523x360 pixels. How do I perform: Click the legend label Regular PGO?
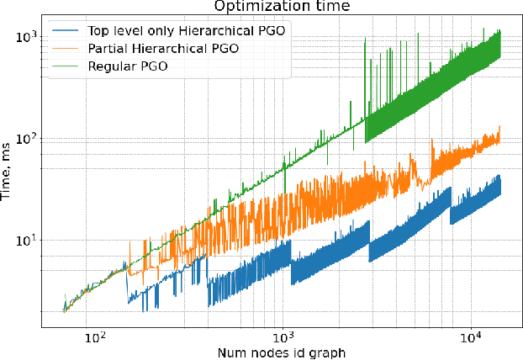(124, 66)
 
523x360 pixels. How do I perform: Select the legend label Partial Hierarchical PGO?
(162, 49)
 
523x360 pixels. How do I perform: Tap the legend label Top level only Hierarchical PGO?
(186, 31)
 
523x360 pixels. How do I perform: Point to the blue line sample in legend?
(67, 31)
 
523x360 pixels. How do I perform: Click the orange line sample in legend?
(67, 49)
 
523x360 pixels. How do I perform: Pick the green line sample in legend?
(67, 66)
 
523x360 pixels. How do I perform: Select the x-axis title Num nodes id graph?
(279, 352)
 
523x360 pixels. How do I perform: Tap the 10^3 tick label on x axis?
(283, 336)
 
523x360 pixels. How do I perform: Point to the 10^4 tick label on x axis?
(470, 336)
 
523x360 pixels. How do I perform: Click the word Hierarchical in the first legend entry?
(211, 31)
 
